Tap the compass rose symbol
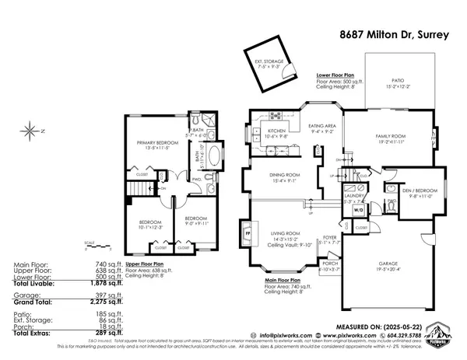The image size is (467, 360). click(30, 131)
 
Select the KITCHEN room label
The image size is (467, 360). click(277, 131)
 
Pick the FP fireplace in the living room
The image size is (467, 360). click(248, 232)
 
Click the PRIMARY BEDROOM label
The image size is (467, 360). click(157, 144)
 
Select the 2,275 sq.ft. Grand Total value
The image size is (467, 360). click(104, 306)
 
